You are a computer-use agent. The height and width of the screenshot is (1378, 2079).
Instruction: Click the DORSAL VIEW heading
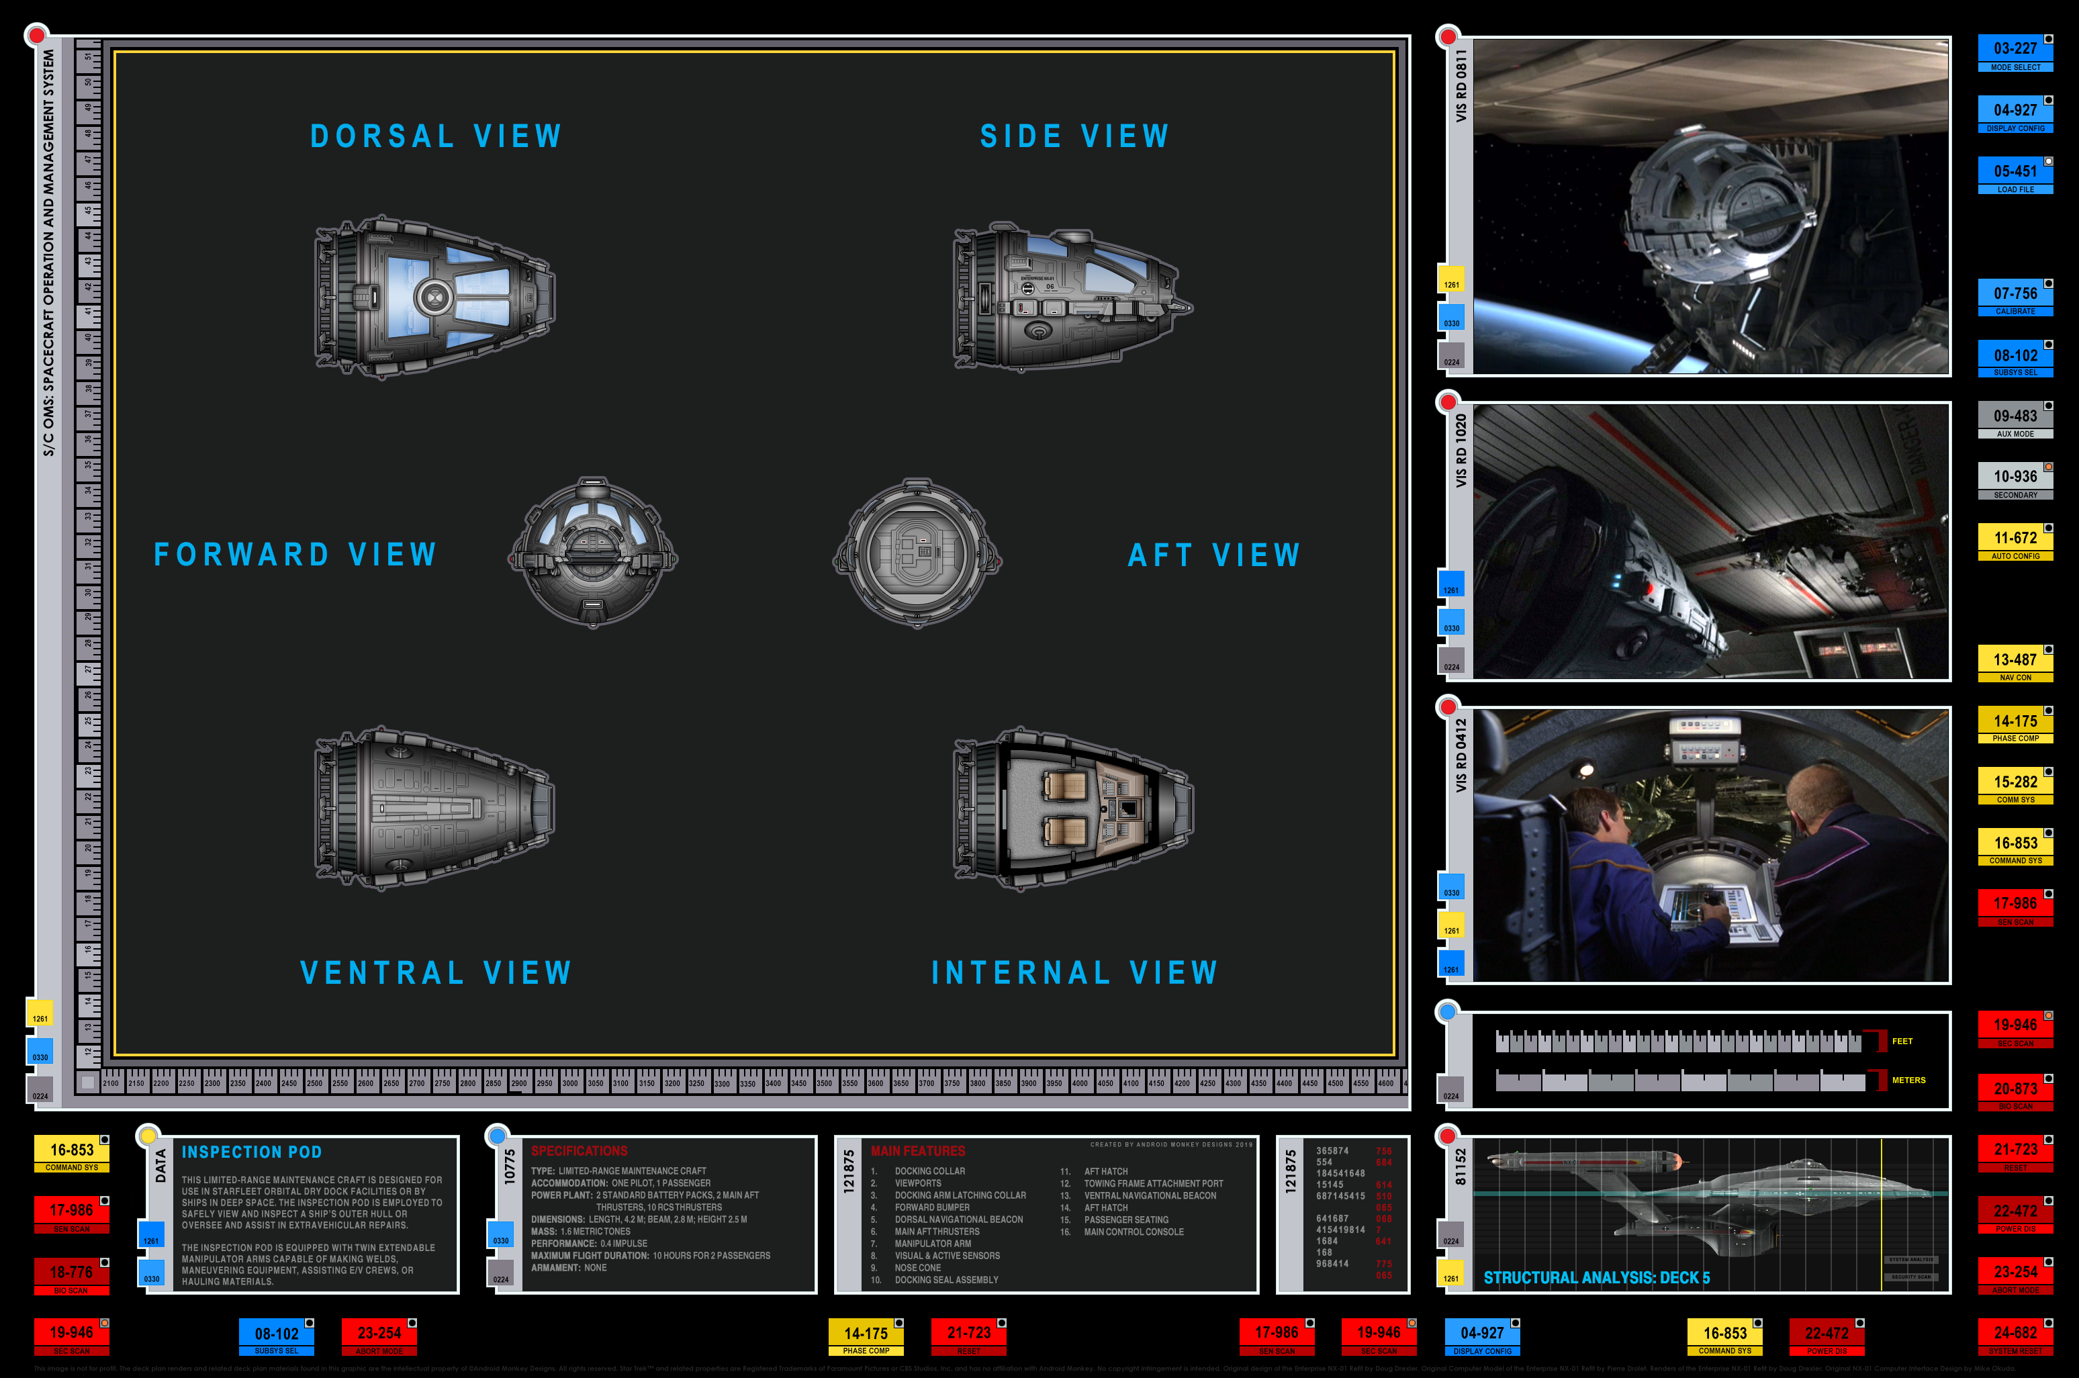(436, 136)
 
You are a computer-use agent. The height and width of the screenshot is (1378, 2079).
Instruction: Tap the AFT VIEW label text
(1213, 555)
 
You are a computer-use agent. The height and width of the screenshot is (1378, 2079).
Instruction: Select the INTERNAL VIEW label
(1074, 973)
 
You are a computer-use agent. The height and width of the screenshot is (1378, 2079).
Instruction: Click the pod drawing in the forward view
(593, 553)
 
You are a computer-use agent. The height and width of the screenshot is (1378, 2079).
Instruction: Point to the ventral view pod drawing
(434, 808)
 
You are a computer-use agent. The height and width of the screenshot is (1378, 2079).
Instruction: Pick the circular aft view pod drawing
(917, 553)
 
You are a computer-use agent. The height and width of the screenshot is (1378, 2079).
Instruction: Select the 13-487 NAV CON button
(2015, 664)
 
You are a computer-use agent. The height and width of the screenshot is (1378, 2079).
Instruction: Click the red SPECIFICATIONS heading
(579, 1151)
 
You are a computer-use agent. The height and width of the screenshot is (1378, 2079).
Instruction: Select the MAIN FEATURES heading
(917, 1151)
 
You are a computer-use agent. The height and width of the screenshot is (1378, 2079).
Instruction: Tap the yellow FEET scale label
(1902, 1042)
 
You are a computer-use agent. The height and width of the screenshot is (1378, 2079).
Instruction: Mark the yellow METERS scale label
(1908, 1080)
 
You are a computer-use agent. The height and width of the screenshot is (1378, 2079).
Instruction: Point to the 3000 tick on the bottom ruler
(569, 1084)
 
